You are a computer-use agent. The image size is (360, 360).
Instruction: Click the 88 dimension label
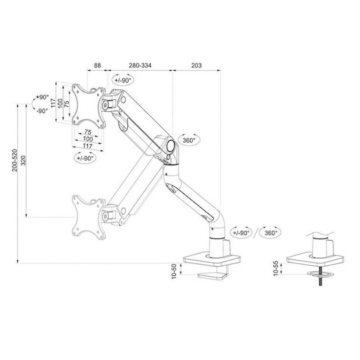click(x=97, y=65)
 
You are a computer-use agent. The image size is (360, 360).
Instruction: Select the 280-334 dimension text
click(x=140, y=65)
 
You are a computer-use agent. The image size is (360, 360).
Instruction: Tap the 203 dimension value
click(x=197, y=65)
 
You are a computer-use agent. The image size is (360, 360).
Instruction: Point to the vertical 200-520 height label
click(x=15, y=160)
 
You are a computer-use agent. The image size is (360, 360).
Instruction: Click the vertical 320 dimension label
click(x=23, y=160)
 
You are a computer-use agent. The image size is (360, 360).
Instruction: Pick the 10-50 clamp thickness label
click(x=174, y=271)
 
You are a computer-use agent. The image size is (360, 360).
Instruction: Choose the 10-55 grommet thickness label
click(x=276, y=268)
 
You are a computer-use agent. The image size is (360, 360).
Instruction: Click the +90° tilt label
click(x=43, y=97)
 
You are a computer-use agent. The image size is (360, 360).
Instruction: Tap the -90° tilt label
click(x=43, y=111)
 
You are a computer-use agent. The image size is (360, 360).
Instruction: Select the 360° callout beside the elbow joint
click(x=189, y=140)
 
